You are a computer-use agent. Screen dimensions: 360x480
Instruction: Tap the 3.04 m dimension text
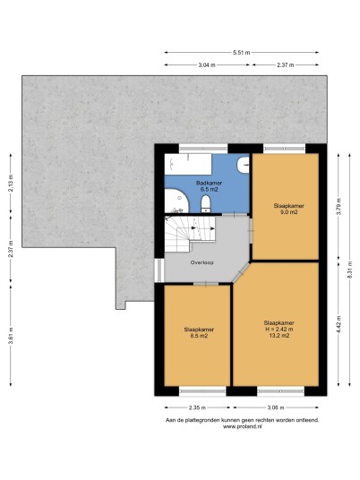pyautogui.click(x=207, y=64)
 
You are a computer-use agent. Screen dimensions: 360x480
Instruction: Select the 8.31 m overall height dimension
pyautogui.click(x=350, y=270)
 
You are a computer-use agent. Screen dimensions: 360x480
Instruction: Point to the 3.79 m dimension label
pyautogui.click(x=339, y=207)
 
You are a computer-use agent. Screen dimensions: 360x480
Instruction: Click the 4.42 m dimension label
pyautogui.click(x=339, y=323)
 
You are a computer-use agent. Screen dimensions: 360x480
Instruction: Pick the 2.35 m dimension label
pyautogui.click(x=197, y=407)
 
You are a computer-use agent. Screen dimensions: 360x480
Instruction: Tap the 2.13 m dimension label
pyautogui.click(x=11, y=183)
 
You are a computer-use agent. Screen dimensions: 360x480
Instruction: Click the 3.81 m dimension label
pyautogui.click(x=11, y=336)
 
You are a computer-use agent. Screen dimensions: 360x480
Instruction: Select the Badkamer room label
pyautogui.click(x=209, y=183)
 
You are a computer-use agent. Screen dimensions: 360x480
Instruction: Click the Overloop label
pyautogui.click(x=202, y=262)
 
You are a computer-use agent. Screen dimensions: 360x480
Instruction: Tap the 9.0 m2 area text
pyautogui.click(x=289, y=212)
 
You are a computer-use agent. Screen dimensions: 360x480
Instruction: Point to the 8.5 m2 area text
pyautogui.click(x=199, y=336)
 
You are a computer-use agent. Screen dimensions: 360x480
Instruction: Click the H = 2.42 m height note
pyautogui.click(x=279, y=329)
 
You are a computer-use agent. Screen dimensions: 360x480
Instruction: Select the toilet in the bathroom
pyautogui.click(x=206, y=204)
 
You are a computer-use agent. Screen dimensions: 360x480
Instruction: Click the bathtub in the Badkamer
pyautogui.click(x=188, y=164)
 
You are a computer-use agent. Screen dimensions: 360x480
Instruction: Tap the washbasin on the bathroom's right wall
pyautogui.click(x=243, y=165)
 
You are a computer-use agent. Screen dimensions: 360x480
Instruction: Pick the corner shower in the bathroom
pyautogui.click(x=176, y=201)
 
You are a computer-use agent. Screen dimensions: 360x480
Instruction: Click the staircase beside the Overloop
pyautogui.click(x=190, y=233)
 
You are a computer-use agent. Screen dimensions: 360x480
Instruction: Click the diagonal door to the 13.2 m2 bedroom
pyautogui.click(x=241, y=272)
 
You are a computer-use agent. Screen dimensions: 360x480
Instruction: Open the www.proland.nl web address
pyautogui.click(x=242, y=426)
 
